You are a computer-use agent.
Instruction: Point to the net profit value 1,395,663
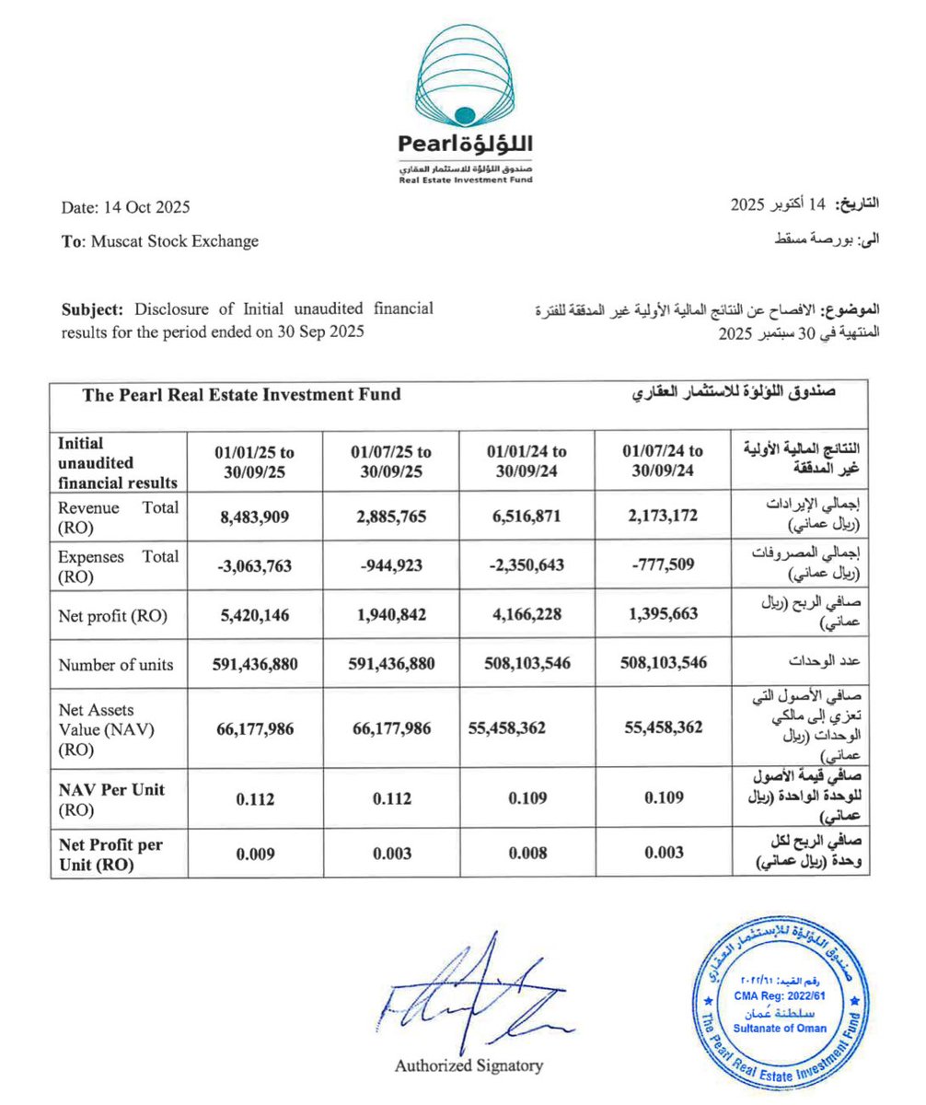point(663,616)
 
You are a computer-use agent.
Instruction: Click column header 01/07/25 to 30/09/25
point(390,459)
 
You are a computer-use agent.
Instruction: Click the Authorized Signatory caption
point(469,1066)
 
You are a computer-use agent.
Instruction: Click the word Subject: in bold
point(93,309)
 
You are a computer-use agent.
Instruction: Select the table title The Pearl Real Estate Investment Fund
point(241,394)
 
